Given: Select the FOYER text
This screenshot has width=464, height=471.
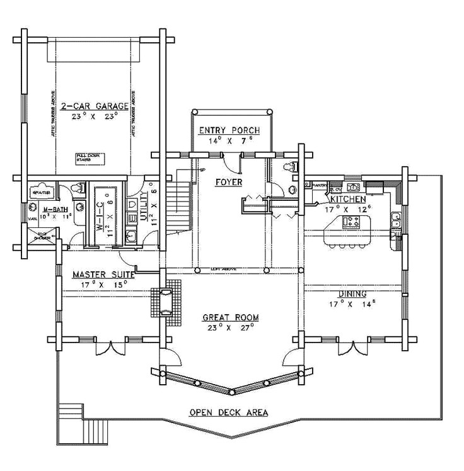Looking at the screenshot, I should [x=229, y=182].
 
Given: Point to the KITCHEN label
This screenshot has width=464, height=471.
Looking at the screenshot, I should [x=348, y=199].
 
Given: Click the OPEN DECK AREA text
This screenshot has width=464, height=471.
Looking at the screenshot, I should [x=229, y=412].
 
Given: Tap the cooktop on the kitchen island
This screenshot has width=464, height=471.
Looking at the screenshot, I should [x=351, y=222].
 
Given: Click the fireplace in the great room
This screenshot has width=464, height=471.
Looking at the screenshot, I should [x=165, y=301].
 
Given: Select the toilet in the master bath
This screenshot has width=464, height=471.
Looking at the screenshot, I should [x=78, y=188].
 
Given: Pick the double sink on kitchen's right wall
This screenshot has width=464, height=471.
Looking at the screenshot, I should [x=396, y=219].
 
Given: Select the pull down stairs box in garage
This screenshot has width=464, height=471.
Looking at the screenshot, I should [x=90, y=157].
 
